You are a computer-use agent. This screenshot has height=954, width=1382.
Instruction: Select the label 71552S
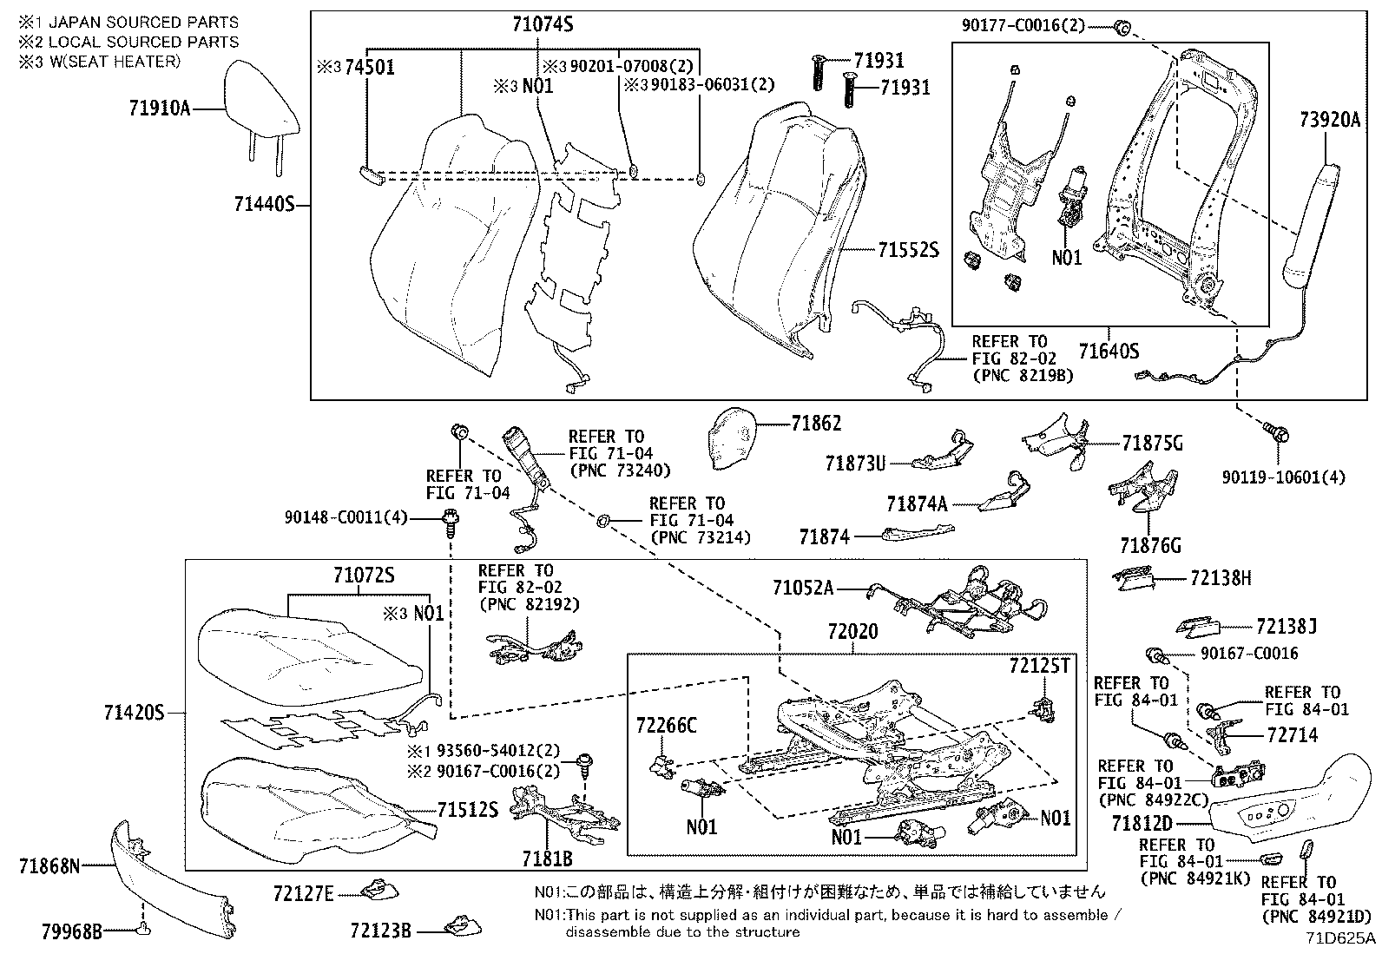[908, 250]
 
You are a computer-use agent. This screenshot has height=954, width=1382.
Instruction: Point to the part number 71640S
[1109, 351]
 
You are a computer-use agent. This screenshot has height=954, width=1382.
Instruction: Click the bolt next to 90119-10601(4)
[1276, 431]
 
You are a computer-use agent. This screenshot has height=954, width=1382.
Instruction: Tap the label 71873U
[855, 464]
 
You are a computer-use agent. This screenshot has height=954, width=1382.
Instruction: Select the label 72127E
[303, 892]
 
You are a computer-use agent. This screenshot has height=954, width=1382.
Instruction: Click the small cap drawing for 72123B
[458, 927]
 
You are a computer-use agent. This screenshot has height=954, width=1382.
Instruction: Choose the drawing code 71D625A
[1340, 938]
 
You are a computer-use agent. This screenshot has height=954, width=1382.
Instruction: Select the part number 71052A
[803, 589]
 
